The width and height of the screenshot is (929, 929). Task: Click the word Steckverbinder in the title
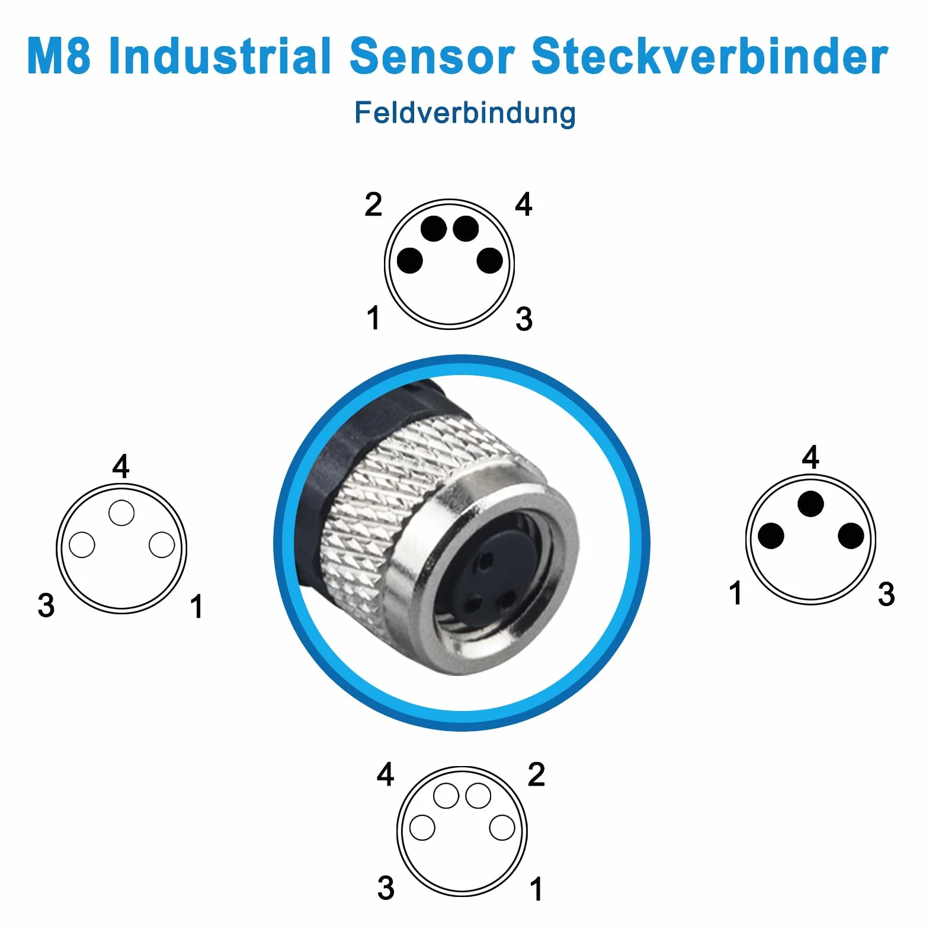710,55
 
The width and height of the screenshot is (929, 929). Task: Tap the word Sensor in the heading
432,55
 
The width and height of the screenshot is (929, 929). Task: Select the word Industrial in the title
220,55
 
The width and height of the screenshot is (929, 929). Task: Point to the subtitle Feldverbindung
465,113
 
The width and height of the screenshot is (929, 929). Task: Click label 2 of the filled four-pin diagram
373,204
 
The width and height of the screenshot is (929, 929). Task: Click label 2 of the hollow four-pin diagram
536,774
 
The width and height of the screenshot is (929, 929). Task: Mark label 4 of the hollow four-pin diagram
386,774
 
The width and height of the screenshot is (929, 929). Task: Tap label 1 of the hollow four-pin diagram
536,889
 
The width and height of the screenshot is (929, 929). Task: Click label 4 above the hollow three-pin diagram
121,466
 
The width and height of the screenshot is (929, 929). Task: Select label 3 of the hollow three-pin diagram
46,606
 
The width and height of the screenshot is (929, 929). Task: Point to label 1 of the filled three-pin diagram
735,593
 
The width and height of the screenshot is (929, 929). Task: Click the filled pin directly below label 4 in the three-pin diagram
811,504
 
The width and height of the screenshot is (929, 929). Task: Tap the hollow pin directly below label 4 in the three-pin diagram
121,512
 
